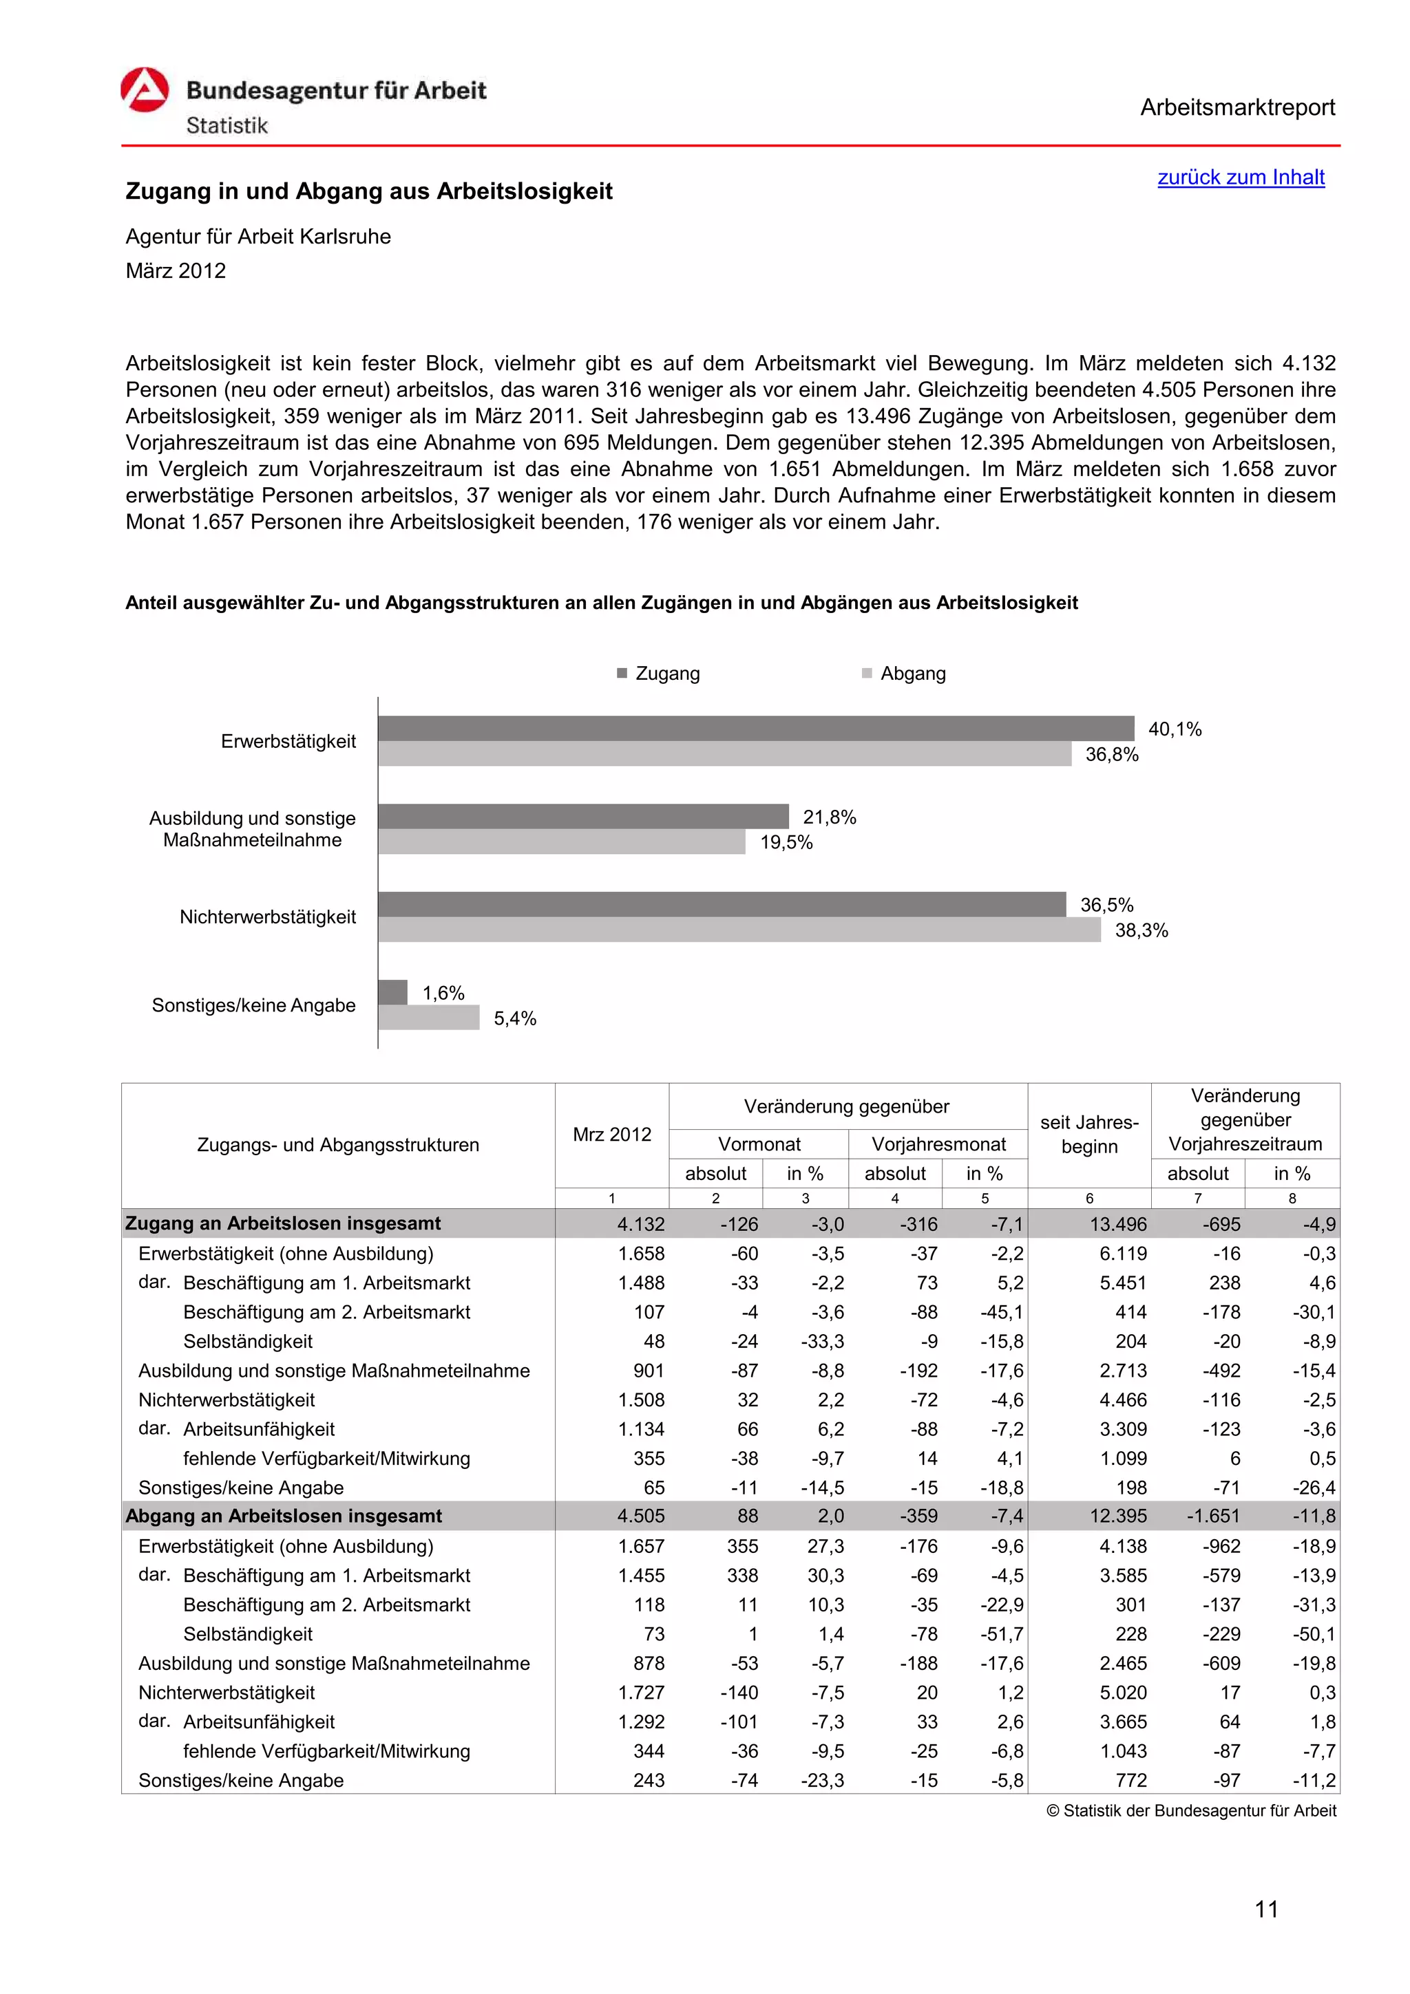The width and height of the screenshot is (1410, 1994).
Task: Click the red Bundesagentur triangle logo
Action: tap(144, 90)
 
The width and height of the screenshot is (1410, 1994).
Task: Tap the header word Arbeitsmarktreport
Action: tap(1237, 108)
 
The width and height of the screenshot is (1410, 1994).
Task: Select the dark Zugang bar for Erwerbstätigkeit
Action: tap(755, 728)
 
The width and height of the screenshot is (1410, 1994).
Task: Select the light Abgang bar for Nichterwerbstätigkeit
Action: tap(739, 930)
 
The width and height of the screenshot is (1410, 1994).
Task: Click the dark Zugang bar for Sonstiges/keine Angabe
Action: tap(392, 991)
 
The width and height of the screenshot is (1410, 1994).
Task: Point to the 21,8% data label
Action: tap(829, 817)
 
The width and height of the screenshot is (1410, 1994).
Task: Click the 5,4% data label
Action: tap(514, 1019)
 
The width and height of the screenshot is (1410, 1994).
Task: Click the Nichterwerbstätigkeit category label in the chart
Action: tap(268, 917)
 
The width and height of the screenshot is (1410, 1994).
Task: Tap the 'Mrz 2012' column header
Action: tap(611, 1134)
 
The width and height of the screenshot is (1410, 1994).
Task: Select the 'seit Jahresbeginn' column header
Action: tap(1088, 1134)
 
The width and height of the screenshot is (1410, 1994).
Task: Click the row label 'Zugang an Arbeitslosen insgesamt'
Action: tap(282, 1223)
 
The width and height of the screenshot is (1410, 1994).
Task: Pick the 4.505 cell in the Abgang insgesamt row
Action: tap(641, 1516)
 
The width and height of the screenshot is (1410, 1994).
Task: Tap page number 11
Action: tap(1266, 1909)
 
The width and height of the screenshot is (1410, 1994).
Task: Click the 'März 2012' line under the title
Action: tap(176, 271)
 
